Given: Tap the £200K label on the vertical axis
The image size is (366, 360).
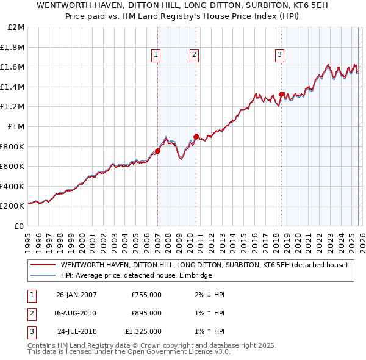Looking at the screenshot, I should (12, 206).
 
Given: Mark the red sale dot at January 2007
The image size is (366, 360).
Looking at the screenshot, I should (157, 151).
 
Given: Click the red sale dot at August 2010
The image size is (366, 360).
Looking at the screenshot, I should (196, 137).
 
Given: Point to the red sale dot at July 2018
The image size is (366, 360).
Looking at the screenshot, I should (281, 95).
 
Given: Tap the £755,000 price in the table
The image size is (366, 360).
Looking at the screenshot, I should (146, 295).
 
